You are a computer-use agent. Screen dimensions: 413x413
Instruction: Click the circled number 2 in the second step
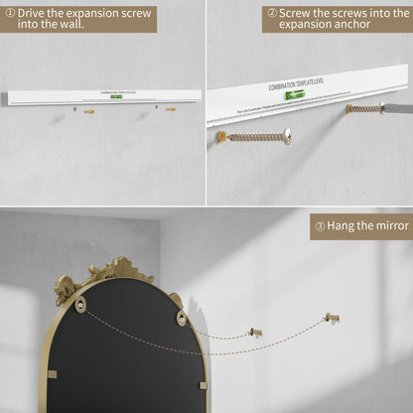(x=272, y=13)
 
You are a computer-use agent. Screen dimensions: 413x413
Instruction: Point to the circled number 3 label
(x=320, y=226)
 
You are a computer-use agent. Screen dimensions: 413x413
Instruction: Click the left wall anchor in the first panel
(x=88, y=112)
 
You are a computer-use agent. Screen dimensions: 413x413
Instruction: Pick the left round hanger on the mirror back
(x=80, y=305)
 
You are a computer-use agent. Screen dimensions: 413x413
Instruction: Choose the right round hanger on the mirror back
(x=181, y=317)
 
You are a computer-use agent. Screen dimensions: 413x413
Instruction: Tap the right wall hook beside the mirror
(x=332, y=319)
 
